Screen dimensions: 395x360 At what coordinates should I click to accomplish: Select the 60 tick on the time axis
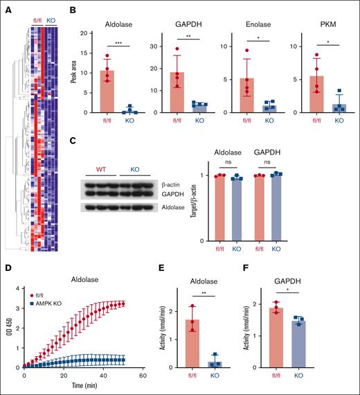[142, 378]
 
